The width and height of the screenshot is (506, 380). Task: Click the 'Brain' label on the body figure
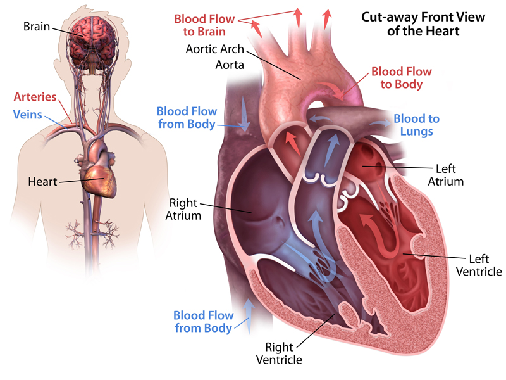(37, 26)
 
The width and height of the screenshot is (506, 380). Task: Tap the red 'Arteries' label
(35, 97)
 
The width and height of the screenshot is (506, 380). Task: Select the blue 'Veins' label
(27, 115)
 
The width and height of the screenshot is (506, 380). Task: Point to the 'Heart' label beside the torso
(42, 181)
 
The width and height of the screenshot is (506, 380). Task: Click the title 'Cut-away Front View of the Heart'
(423, 23)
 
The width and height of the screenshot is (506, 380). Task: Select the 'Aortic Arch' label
(215, 49)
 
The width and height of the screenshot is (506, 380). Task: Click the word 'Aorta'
(230, 65)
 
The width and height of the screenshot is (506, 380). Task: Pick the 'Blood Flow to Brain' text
(204, 25)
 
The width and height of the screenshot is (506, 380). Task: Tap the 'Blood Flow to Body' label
(402, 77)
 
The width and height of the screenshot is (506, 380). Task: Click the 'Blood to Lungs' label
(417, 125)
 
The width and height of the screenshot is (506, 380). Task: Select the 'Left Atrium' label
(446, 175)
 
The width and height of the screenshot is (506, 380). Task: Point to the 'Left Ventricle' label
(479, 265)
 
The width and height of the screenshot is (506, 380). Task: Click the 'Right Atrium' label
(183, 209)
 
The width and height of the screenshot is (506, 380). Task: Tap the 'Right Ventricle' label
(279, 353)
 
